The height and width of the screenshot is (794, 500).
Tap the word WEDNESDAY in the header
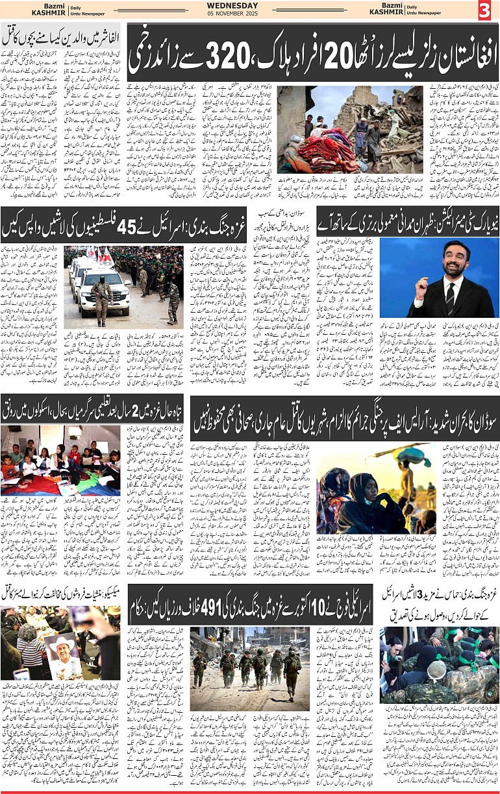[250, 5]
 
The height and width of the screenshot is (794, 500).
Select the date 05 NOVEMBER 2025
[250, 14]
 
